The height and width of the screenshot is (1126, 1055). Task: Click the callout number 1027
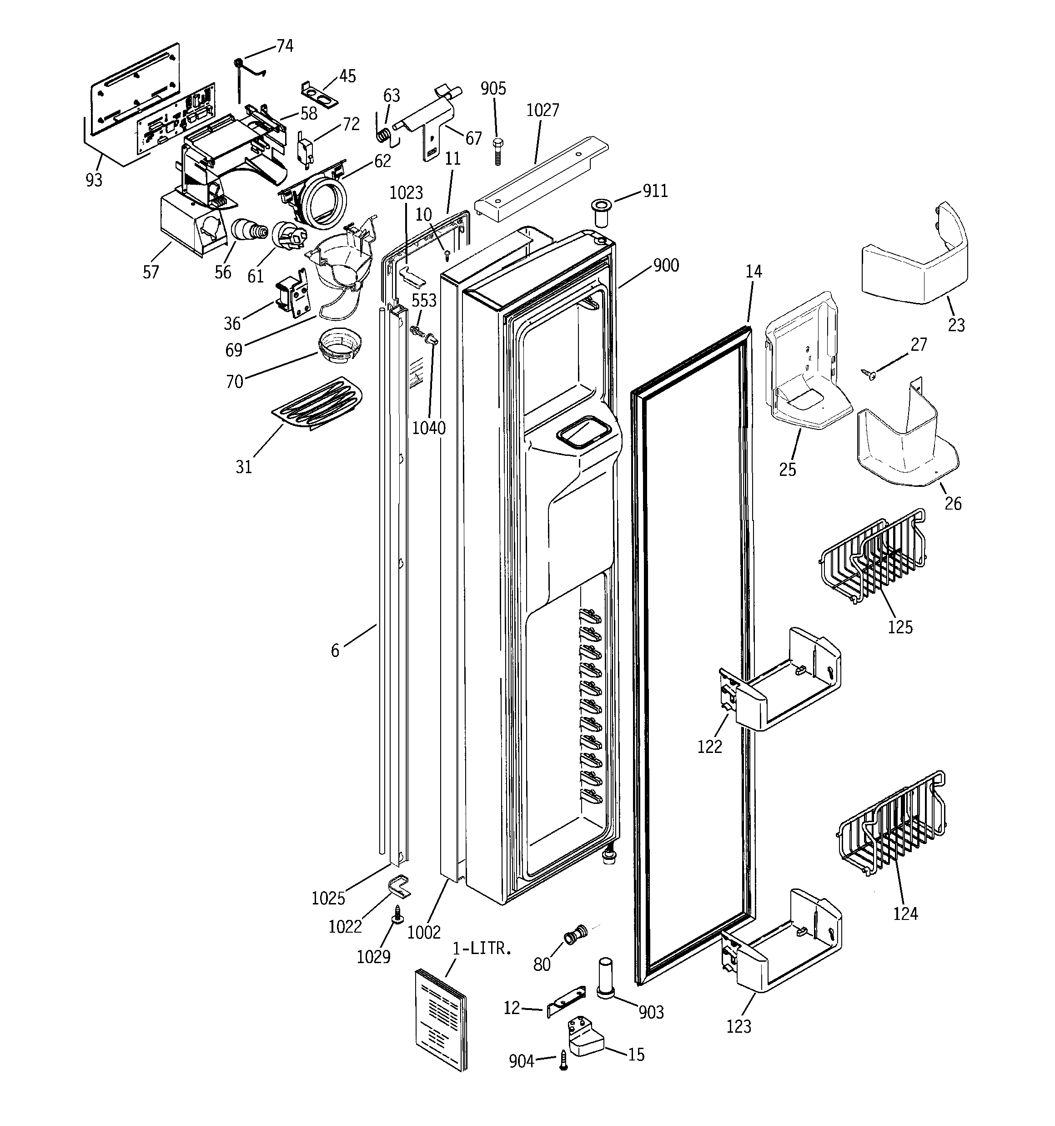click(543, 111)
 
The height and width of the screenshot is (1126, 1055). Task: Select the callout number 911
click(655, 191)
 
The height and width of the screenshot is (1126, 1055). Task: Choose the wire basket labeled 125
click(872, 558)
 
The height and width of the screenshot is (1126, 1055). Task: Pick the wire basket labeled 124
click(892, 821)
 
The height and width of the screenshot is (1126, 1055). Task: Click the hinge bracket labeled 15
click(585, 1037)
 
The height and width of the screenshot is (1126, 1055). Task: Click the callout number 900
click(665, 265)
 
